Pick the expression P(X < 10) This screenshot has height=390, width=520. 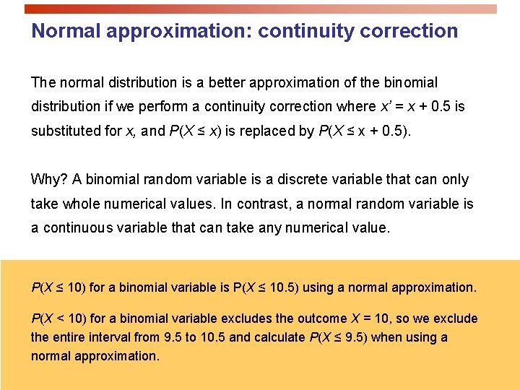[59, 318]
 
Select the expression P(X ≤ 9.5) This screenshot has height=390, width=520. [339, 337]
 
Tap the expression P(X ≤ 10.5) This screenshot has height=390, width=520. [266, 287]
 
